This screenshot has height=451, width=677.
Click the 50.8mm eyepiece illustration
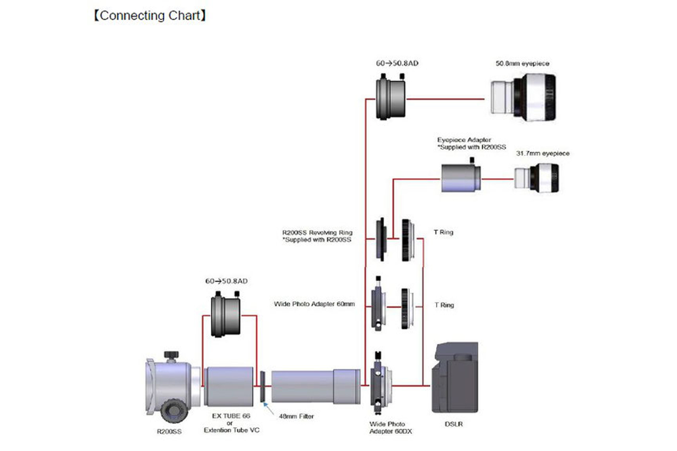click(x=523, y=98)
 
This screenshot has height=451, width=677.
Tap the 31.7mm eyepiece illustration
click(x=536, y=178)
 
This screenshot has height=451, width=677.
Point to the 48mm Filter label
click(x=296, y=417)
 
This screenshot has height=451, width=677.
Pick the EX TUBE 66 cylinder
click(x=229, y=386)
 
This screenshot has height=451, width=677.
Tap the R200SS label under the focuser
click(x=169, y=432)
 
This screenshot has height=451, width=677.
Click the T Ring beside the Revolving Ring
click(x=407, y=239)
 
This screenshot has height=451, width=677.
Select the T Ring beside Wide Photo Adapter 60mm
click(x=407, y=306)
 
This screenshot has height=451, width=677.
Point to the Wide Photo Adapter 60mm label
click(x=314, y=305)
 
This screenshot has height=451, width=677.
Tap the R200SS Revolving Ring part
click(x=380, y=239)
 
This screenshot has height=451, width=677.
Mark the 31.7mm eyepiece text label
click(x=542, y=153)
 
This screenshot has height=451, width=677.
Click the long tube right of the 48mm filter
click(x=316, y=386)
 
